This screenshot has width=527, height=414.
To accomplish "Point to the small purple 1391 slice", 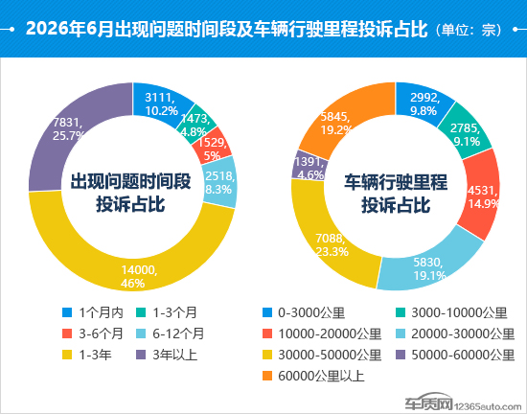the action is point(308,166).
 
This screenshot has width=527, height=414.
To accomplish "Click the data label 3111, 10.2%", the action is point(161,104).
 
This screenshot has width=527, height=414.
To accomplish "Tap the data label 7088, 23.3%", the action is point(332,245).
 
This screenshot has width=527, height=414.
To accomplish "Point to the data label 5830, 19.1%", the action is point(429,269).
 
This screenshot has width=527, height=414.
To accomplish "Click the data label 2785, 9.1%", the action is point(466,135).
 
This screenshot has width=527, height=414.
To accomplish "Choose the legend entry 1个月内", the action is point(93,312).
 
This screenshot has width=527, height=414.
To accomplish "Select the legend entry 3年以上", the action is point(167,355).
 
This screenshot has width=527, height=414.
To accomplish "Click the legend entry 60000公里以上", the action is point(313,376).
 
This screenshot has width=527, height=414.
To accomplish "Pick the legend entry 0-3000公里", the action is point(304,312).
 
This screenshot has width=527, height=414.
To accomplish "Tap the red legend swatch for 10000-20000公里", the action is point(267,333).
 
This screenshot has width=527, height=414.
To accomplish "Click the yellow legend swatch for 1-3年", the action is point(67,355).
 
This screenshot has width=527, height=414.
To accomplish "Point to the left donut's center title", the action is point(130,193).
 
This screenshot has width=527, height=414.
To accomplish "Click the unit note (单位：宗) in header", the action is point(469,30).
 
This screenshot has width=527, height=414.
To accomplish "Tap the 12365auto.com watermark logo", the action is point(463,402).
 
